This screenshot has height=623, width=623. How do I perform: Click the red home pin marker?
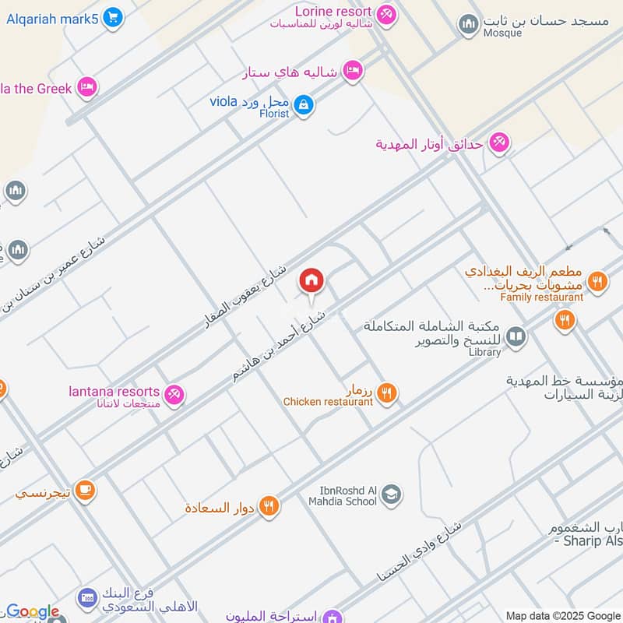pos(311,280)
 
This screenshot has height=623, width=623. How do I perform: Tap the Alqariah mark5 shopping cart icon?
pos(113,16)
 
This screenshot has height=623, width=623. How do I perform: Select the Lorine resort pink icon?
pos(385,14)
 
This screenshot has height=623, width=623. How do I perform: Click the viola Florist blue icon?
pos(304,105)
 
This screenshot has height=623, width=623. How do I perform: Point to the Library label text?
pos(485,352)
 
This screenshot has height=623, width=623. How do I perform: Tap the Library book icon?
pos(516,337)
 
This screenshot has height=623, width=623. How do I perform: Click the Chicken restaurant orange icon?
pos(388,394)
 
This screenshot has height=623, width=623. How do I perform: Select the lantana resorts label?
pos(114,392)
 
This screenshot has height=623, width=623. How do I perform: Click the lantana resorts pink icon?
pos(177,396)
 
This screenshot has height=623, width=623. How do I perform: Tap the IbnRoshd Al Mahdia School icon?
pos(392,494)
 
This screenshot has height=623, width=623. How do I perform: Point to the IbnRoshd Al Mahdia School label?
pos(348,496)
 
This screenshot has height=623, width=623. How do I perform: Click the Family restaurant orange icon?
pos(598,280)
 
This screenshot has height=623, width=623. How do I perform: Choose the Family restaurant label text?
pos(542,297)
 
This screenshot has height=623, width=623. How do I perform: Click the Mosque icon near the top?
pos(468,25)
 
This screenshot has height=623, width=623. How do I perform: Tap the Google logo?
pos(32,612)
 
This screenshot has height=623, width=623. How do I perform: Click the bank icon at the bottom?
pos(86,598)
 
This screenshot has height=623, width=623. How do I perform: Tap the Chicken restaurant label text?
pos(328,402)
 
